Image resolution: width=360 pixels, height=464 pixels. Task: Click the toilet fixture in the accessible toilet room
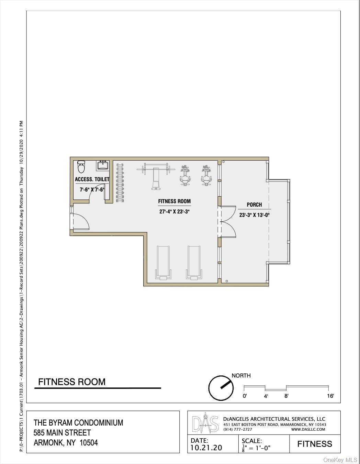81,167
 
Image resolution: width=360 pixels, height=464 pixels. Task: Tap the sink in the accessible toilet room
103,165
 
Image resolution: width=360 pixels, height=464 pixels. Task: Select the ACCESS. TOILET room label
92,179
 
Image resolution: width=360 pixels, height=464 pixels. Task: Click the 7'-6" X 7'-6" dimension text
92,189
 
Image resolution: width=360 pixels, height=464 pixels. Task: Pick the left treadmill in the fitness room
164,263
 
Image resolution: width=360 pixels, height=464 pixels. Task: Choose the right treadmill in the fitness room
194,263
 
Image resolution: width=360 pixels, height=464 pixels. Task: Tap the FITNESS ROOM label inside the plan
175,201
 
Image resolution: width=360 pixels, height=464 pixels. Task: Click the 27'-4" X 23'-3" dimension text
175,212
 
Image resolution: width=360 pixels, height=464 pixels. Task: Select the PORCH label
254,205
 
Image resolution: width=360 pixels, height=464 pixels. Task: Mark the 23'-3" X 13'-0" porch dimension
254,215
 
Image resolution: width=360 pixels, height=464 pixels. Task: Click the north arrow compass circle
221,388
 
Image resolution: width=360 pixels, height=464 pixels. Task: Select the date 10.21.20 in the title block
206,448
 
